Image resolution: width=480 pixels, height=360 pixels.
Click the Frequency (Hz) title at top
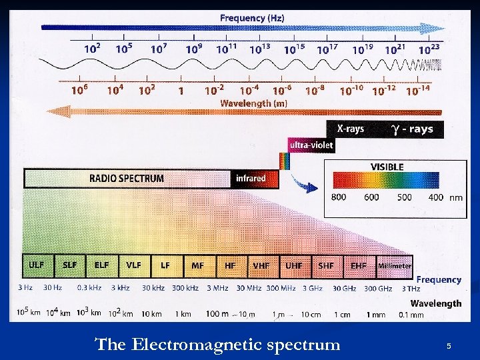click(252, 18)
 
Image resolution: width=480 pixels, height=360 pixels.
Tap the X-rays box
click(350, 129)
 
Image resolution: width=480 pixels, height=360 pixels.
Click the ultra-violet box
click(311, 145)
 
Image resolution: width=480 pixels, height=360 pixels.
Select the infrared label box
click(251, 178)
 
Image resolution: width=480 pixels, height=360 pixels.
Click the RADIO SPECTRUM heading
click(127, 178)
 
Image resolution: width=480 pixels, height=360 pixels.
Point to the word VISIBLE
click(387, 167)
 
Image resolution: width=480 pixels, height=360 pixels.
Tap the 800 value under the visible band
click(339, 197)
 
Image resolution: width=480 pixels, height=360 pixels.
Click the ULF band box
click(37, 265)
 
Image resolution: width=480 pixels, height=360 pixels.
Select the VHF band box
click(261, 265)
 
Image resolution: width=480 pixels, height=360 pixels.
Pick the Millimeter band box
click(395, 265)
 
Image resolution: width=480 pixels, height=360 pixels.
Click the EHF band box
click(359, 265)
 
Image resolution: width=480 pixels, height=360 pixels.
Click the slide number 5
click(449, 346)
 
